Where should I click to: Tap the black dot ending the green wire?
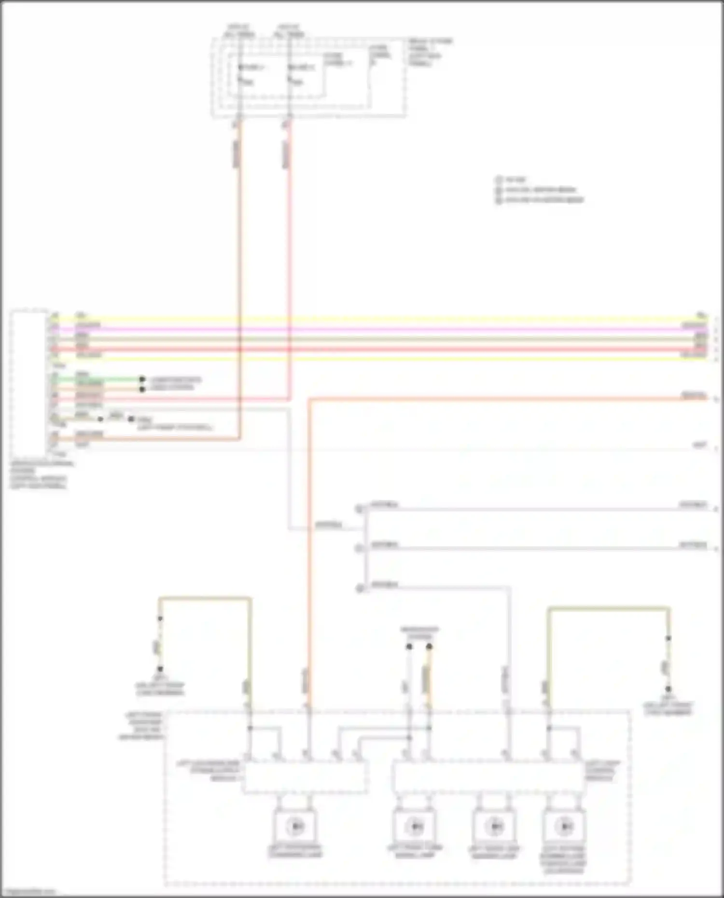(142, 379)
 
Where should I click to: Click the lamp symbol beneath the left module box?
(295, 827)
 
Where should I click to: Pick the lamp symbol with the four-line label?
(564, 827)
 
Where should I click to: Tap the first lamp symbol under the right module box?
(414, 827)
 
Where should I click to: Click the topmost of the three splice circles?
(359, 509)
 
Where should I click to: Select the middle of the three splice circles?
(359, 548)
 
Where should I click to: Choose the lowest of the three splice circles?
(359, 588)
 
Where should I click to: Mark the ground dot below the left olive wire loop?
(160, 669)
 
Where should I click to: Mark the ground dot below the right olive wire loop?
(668, 689)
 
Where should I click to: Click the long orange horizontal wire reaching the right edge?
(507, 399)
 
